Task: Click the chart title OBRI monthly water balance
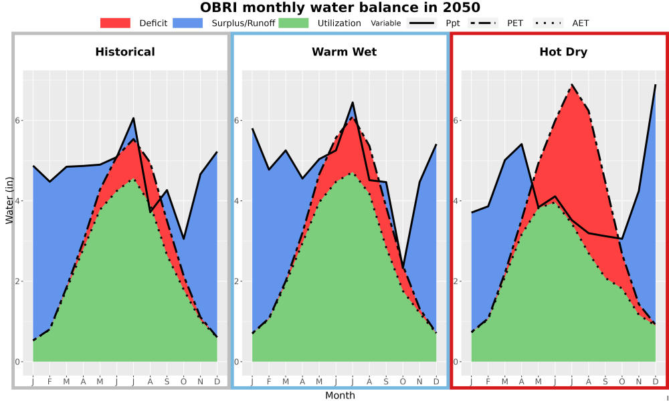click(x=340, y=7)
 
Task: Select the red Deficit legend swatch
click(x=115, y=23)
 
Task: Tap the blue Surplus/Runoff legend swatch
click(x=188, y=23)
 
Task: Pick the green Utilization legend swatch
click(x=294, y=23)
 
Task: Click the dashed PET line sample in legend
click(x=483, y=23)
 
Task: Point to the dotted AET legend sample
click(x=549, y=23)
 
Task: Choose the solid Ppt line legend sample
click(x=421, y=23)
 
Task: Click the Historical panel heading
click(x=125, y=52)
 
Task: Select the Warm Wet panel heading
click(x=345, y=52)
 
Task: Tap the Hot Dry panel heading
click(x=563, y=52)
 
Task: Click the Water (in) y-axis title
click(x=9, y=200)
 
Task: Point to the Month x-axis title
click(x=340, y=396)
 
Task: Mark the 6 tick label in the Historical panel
click(x=18, y=120)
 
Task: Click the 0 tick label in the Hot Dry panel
click(x=456, y=362)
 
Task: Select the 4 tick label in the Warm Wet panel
click(x=237, y=200)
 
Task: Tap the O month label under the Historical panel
click(x=183, y=382)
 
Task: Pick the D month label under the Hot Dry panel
click(x=656, y=382)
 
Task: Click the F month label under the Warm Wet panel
click(x=269, y=382)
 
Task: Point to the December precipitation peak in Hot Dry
click(x=656, y=85)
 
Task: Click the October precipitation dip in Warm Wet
click(x=403, y=269)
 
